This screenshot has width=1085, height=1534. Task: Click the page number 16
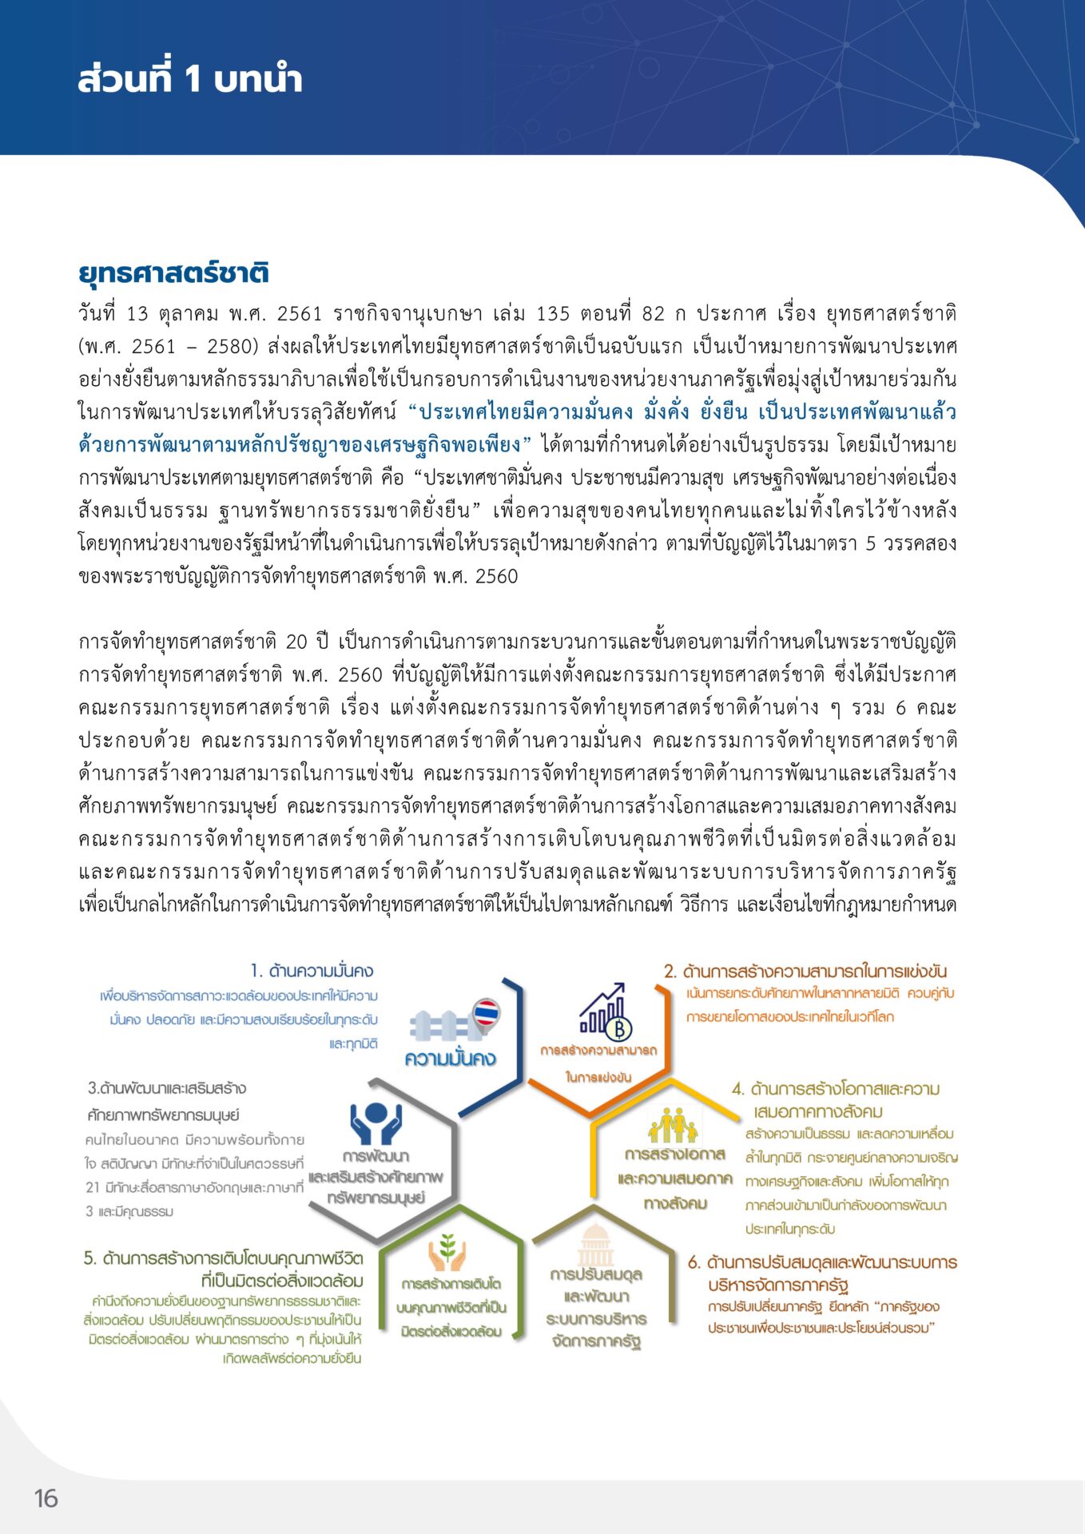coord(46,1498)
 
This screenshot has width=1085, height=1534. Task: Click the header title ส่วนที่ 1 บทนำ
coord(190,79)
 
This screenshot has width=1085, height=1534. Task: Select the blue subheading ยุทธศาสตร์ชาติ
coord(173,272)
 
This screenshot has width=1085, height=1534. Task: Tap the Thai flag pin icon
coord(486,1014)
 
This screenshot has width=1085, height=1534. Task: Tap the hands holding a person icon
coord(376,1123)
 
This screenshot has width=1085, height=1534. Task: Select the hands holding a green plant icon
coord(447,1254)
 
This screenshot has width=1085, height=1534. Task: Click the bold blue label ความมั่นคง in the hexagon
coord(450,1059)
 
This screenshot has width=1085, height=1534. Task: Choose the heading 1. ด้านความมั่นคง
coord(312,971)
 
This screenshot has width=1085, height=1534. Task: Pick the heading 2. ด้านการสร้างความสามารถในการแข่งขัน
coord(805,971)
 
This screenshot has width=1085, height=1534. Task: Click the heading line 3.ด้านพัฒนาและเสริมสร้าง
coord(167,1088)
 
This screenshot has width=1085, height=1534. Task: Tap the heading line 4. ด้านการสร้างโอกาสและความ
coord(836,1088)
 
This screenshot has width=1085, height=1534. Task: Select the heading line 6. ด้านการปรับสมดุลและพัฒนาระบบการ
coord(823,1262)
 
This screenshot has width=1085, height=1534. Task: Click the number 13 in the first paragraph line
coord(137,313)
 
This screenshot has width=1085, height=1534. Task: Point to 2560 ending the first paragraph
coord(496,576)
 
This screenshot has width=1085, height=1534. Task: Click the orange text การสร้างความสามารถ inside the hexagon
coord(598,1050)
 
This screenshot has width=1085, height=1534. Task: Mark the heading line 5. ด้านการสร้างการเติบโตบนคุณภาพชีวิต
coord(224,1258)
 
